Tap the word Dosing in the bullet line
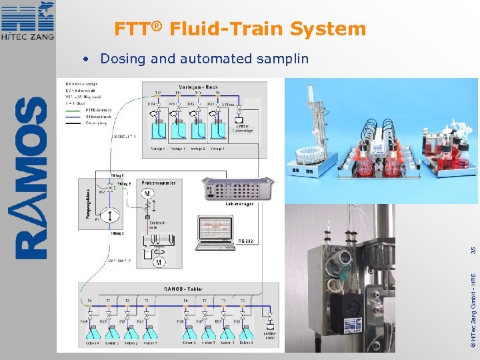coord(123,59)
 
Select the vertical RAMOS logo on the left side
coord(31,179)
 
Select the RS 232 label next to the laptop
coord(245,241)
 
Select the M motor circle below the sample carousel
coord(159,263)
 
